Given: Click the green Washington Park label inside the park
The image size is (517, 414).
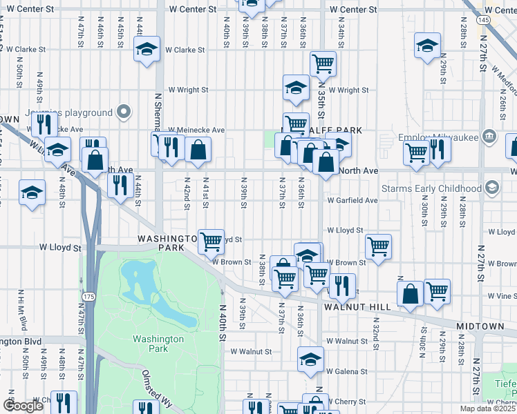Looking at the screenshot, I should pos(159,344).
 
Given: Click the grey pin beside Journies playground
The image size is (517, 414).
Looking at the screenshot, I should pos(124,112).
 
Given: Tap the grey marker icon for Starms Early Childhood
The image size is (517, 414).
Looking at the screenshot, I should pos(491,188).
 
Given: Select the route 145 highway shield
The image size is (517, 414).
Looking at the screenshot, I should pos(485,21).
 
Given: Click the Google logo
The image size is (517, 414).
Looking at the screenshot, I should pos(23,406).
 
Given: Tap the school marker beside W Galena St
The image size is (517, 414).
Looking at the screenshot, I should pos(310,359).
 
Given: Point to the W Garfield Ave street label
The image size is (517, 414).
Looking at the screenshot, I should pos(352,201).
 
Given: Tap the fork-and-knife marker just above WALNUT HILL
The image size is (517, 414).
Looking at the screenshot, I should pos(342,284).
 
